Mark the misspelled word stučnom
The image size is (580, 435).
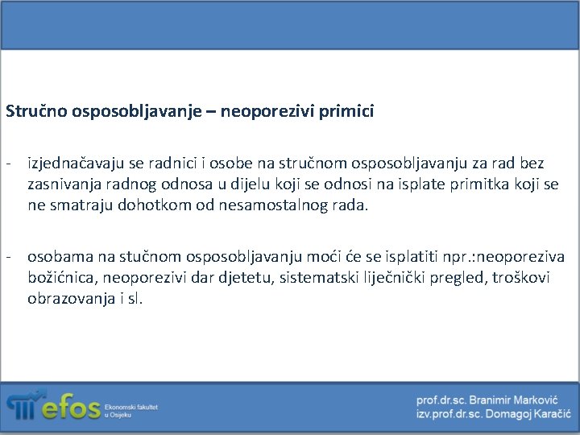(x=151, y=257)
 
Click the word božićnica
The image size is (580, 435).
(x=61, y=277)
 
